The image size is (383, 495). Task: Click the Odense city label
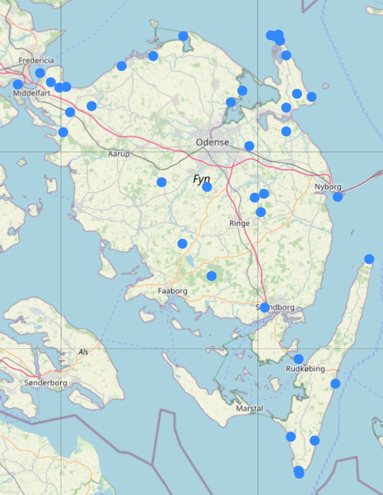coord(212,142)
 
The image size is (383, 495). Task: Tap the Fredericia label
coord(36,60)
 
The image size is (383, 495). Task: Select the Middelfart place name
coord(32,93)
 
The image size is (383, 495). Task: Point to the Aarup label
coord(119,154)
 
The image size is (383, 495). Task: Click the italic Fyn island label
coord(201,179)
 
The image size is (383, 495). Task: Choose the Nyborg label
coord(328,187)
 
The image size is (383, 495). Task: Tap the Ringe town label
coord(239,223)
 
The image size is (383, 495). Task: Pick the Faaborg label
coord(173,291)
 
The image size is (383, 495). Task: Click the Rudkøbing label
coord(305,369)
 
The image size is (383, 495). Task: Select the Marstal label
coord(250,408)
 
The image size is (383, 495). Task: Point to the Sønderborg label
coord(46,383)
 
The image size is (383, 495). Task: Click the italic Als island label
coord(83,352)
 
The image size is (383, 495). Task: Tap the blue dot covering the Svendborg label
coord(265,307)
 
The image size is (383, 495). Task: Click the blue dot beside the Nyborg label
coord(338,197)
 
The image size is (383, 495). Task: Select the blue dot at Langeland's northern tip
coord(369,259)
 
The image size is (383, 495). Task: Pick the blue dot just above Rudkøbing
coord(298,359)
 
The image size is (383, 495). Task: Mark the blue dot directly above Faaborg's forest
coord(212,276)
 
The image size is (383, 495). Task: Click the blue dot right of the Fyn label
coord(207,187)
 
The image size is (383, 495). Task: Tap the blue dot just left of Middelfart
coord(18,85)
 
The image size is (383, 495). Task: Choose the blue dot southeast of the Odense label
coord(249,146)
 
